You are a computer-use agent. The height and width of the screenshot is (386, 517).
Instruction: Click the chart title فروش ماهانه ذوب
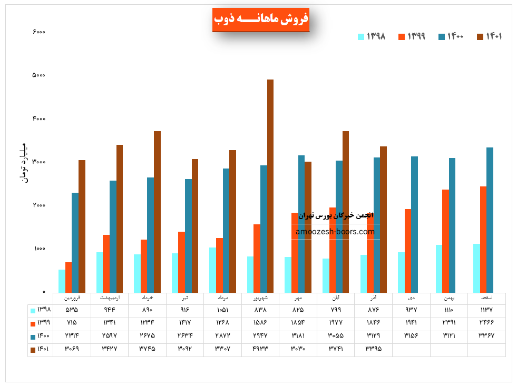pos(261,19)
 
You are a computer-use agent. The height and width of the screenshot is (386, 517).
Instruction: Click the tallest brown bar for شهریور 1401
pos(270,184)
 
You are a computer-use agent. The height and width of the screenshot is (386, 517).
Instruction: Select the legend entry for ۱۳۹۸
pos(372,36)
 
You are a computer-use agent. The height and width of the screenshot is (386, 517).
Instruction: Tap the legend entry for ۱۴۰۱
pos(490,36)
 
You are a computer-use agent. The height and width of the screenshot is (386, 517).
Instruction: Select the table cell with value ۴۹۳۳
pos(260,349)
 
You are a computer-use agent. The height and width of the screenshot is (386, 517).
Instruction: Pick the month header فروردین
pos(72,298)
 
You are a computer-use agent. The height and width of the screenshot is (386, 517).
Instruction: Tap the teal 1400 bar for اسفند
pos(490,220)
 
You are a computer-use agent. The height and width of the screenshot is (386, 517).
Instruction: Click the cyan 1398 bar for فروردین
pos(62,281)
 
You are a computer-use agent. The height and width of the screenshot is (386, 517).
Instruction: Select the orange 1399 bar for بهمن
pos(446,241)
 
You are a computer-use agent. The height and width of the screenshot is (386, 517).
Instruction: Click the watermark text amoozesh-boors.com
pos(335,232)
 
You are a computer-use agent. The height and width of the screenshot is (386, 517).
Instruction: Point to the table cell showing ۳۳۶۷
pos(486,335)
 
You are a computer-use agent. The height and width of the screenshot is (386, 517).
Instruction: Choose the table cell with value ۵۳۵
pos(72,310)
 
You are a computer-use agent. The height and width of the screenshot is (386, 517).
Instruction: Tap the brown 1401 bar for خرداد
pos(157,212)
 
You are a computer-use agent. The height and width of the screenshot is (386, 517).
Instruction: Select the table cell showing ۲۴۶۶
pos(486,323)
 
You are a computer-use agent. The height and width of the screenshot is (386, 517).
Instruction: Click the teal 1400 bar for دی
pos(415,224)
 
